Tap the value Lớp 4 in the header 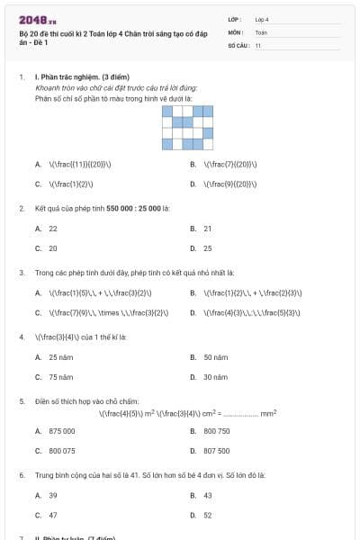tap(262, 19)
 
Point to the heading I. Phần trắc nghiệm tap(75, 78)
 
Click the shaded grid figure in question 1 tap(188, 127)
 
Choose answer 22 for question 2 tap(53, 229)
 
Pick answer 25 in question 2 tap(208, 247)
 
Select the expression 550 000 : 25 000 tap(133, 208)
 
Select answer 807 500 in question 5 tap(217, 450)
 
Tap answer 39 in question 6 tap(53, 495)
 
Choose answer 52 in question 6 tap(208, 515)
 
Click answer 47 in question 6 tap(53, 515)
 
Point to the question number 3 tap(22, 272)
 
